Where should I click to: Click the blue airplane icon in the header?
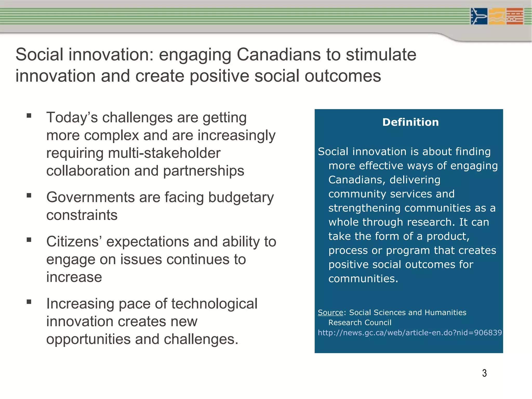tap(479, 16)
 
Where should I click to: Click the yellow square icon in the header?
tap(497, 16)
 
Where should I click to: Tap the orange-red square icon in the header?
tap(515, 16)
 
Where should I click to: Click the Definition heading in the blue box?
tap(410, 122)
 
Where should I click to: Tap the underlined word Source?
tap(330, 312)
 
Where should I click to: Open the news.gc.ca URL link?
tap(410, 333)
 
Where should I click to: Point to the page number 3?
tap(484, 373)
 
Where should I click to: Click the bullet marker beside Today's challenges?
tap(29, 116)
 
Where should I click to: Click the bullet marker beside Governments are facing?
tap(29, 195)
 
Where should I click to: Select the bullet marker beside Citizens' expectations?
tap(29, 240)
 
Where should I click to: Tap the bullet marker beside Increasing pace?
tap(29, 302)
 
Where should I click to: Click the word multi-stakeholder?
tap(164, 153)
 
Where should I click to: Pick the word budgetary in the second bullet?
tap(241, 197)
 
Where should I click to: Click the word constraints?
tap(82, 215)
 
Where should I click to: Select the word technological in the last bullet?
tap(214, 304)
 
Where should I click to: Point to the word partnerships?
tap(204, 171)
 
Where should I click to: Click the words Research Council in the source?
tap(360, 323)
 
